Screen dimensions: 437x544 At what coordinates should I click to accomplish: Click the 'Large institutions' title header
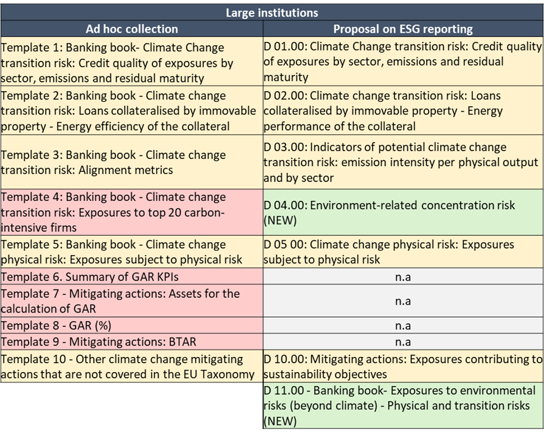[272, 12]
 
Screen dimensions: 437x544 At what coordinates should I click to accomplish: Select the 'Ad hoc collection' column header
[132, 29]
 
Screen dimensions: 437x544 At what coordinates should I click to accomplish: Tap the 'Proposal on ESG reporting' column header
[403, 29]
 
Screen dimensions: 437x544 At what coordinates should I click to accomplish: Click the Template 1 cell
[132, 63]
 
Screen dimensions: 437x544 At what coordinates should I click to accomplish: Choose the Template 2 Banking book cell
[132, 110]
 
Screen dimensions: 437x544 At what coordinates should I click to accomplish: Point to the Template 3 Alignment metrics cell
[132, 162]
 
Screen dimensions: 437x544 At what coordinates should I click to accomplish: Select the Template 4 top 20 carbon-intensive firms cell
[132, 212]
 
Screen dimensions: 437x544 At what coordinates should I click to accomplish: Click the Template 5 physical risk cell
[132, 252]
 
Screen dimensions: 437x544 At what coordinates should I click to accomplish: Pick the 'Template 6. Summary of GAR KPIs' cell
[132, 276]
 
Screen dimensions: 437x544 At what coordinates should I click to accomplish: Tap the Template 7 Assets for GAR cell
[132, 301]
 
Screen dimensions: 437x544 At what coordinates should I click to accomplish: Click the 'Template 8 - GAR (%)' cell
[132, 325]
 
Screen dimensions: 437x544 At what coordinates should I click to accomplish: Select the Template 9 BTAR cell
[132, 342]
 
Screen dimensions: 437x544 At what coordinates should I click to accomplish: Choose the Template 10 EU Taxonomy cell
[132, 366]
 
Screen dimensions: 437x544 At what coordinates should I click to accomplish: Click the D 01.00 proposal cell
[403, 62]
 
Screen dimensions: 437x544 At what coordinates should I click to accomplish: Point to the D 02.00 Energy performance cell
[403, 110]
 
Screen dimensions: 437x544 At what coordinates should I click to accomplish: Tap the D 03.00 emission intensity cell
[403, 162]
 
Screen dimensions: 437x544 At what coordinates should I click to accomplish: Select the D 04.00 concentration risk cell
[403, 212]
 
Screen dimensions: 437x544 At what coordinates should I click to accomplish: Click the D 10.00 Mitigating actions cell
[403, 366]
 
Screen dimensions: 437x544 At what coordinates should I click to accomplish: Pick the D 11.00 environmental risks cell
[403, 405]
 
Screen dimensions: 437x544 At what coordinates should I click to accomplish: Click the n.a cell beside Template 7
[403, 301]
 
